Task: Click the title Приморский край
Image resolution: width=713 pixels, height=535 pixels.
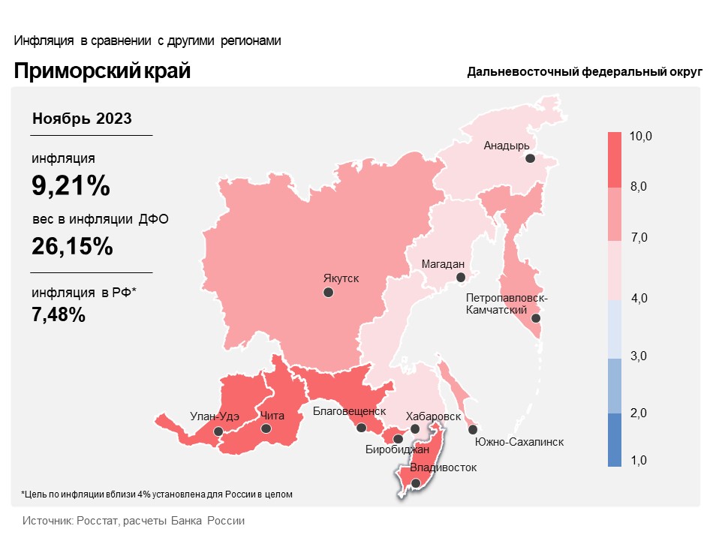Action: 102,71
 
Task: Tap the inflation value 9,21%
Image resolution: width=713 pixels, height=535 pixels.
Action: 71,185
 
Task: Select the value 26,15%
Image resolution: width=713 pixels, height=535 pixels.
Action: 72,245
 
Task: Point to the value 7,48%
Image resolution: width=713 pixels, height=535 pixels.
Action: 59,314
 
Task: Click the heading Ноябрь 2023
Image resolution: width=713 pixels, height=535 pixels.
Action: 83,119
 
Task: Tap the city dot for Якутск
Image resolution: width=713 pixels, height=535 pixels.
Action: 328,293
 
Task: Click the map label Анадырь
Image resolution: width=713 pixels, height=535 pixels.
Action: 507,146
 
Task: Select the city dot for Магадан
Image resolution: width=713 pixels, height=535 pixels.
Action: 462,278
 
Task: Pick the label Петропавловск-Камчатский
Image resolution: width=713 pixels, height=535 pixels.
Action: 507,304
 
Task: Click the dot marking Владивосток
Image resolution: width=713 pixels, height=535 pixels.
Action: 417,484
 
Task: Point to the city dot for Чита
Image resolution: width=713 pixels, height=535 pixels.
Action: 266,428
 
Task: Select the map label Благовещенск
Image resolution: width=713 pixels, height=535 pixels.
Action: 349,411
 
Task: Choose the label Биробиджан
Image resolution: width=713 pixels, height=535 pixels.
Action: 397,450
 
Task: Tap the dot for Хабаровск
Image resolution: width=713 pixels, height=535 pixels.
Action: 415,428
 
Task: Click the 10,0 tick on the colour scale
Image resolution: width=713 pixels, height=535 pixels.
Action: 641,137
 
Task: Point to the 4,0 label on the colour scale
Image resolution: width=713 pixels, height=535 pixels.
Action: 639,299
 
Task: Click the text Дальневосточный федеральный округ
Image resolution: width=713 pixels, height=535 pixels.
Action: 584,72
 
